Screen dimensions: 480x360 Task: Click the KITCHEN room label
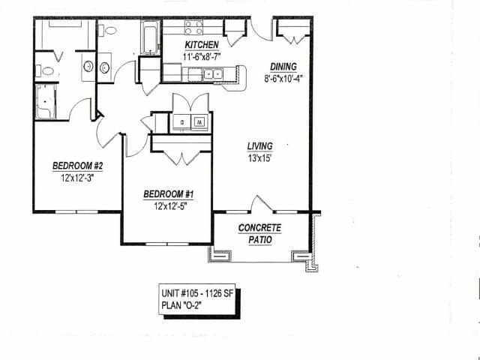tap(202, 45)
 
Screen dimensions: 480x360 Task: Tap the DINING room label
tap(283, 67)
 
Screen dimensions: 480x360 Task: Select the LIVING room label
tap(260, 146)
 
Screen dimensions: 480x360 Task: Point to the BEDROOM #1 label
tap(169, 194)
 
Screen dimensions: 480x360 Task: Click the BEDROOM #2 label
tap(78, 166)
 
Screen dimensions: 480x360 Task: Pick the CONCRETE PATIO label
tap(259, 234)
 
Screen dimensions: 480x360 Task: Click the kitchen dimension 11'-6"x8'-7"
tap(202, 57)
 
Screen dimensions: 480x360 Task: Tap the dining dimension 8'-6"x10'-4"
tap(283, 79)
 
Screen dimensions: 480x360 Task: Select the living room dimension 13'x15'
tap(260, 158)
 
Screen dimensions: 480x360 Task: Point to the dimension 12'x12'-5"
tap(170, 206)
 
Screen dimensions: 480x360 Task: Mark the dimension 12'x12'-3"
tap(77, 178)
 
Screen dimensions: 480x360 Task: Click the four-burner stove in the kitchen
tap(193, 27)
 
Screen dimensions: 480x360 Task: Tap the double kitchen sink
tap(213, 74)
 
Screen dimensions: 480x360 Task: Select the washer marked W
tap(199, 122)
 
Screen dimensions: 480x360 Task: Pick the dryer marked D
tap(181, 122)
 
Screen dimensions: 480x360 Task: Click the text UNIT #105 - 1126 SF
tap(197, 293)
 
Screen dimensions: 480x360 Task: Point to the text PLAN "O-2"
tap(181, 305)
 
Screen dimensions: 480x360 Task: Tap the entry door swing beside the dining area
tap(260, 31)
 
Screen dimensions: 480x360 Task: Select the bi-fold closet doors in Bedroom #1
tap(181, 157)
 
